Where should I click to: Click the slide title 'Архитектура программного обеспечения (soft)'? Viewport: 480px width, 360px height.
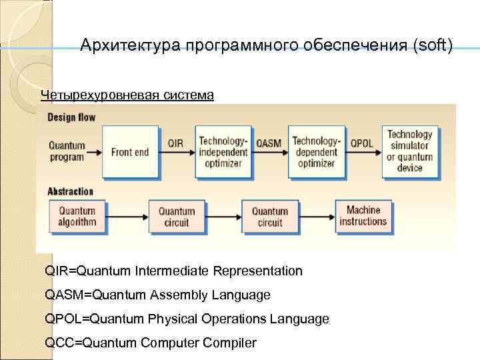(x=266, y=45)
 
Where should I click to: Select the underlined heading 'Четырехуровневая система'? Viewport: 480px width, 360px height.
(x=127, y=95)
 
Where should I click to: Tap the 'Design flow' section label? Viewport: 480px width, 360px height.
(x=71, y=117)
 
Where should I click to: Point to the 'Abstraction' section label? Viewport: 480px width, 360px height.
(x=71, y=191)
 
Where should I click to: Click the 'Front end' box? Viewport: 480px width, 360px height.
(x=130, y=152)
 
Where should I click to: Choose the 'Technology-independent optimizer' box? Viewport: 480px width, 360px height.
(x=223, y=152)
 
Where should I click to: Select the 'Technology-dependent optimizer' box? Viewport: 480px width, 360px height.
(x=316, y=152)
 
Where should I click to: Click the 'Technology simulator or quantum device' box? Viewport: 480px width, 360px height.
(x=410, y=151)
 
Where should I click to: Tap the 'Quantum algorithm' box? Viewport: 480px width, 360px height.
(x=77, y=217)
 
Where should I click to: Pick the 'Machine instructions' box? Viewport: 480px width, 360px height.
(x=363, y=217)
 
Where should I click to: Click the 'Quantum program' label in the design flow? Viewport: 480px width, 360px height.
(x=67, y=151)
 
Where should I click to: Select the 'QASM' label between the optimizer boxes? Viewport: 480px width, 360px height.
(x=269, y=143)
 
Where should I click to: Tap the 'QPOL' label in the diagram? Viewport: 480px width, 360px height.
(x=362, y=143)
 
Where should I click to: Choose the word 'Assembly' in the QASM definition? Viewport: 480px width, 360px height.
(x=185, y=295)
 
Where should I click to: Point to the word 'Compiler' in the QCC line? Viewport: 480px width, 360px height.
(x=231, y=343)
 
